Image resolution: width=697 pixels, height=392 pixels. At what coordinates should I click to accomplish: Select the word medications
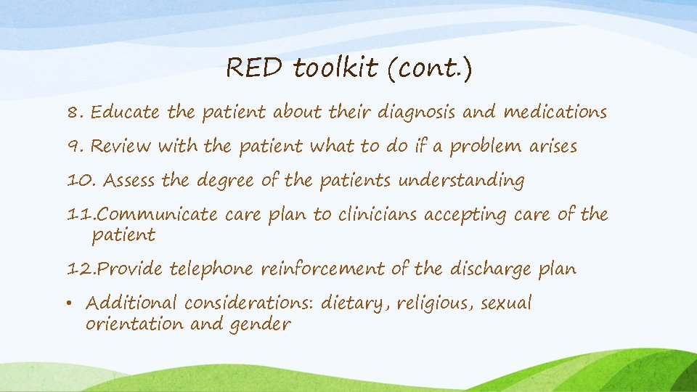pyautogui.click(x=555, y=113)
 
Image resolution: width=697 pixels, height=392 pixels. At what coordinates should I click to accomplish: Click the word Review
pyautogui.click(x=121, y=147)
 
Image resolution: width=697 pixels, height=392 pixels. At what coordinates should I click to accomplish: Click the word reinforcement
pyautogui.click(x=323, y=269)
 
